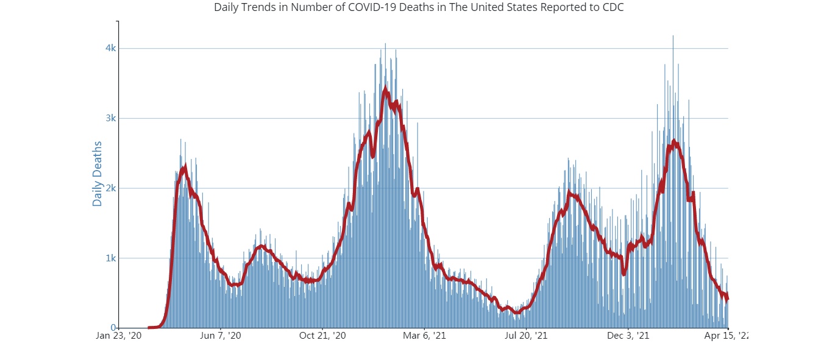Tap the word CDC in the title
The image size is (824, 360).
[x=614, y=8]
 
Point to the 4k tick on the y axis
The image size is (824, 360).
[x=110, y=48]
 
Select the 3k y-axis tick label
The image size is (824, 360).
[x=110, y=118]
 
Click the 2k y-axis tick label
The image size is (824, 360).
[x=110, y=188]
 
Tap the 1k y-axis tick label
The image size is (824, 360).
[x=110, y=258]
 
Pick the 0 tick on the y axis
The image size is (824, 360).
[x=113, y=328]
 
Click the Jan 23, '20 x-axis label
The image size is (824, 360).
[x=119, y=336]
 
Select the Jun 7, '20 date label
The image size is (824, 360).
[x=221, y=336]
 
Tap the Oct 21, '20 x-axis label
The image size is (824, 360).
[x=322, y=336]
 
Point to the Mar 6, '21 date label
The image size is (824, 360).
[x=424, y=336]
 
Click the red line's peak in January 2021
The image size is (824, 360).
[x=385, y=90]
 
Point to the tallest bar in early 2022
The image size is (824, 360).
[x=673, y=37]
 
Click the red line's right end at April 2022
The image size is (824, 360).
[x=727, y=298]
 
